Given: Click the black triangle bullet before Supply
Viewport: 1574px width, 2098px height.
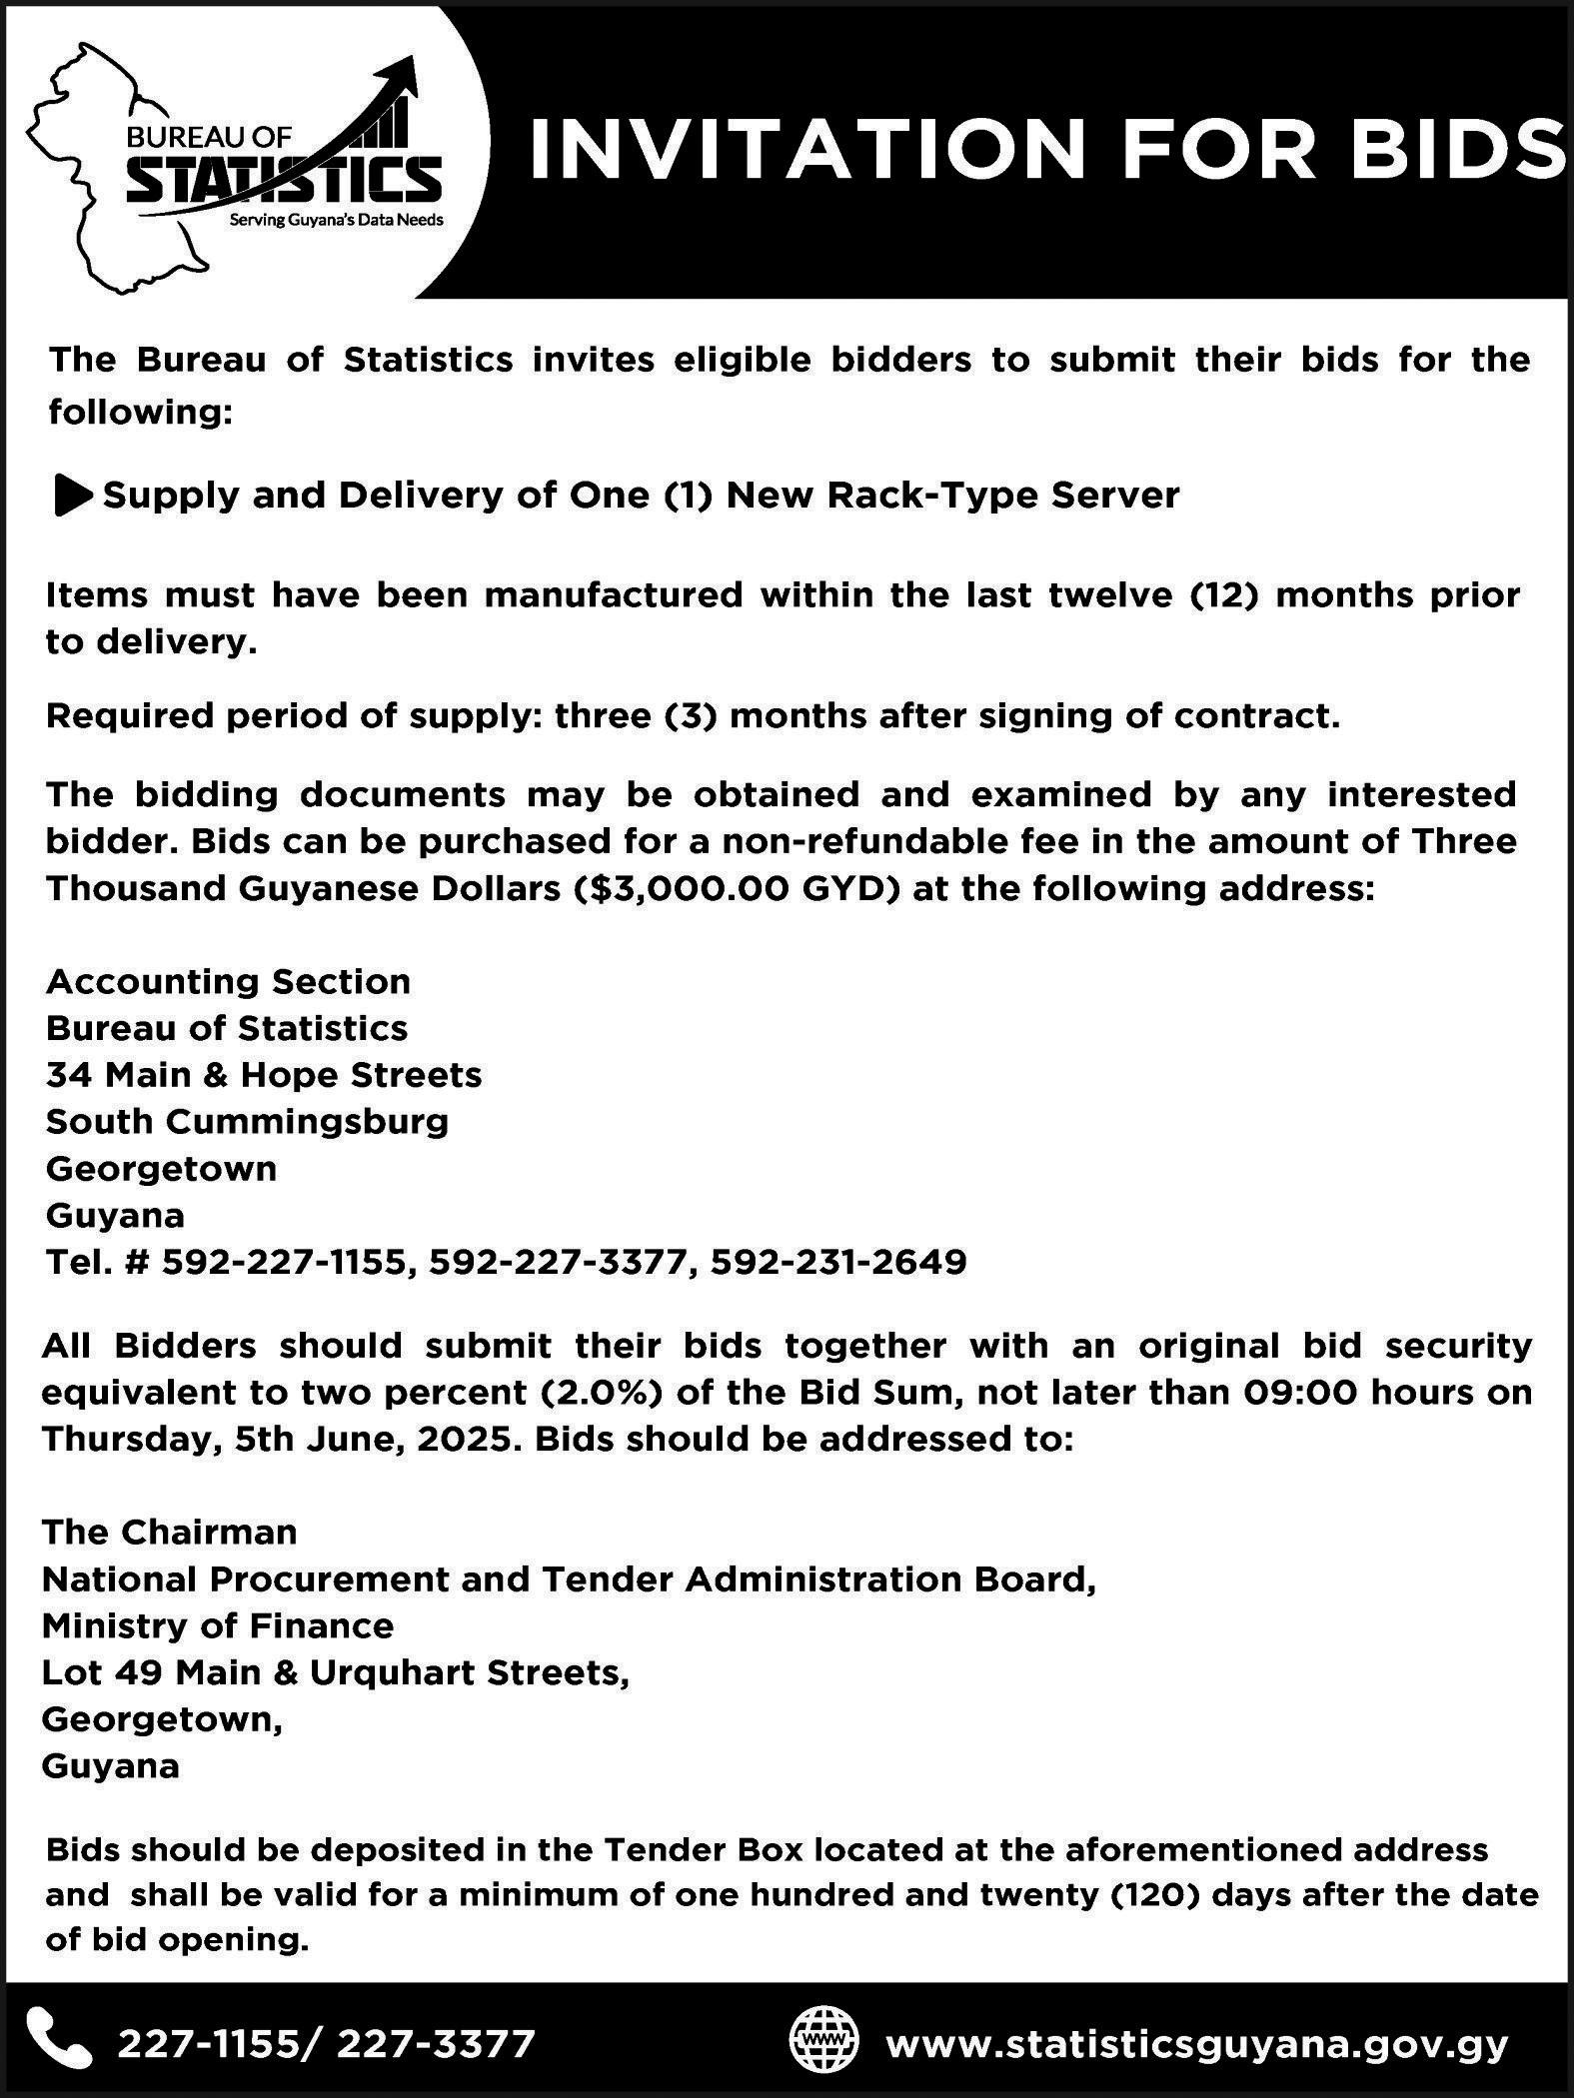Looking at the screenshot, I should [x=73, y=497].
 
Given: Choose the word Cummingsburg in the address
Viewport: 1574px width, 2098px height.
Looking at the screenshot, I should [x=307, y=1121].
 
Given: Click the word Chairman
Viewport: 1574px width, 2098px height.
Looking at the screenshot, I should [x=210, y=1532].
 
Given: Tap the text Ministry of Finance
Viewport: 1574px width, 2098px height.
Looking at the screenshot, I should [x=218, y=1625].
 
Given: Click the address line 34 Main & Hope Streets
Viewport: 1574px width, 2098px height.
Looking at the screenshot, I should [x=264, y=1074].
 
